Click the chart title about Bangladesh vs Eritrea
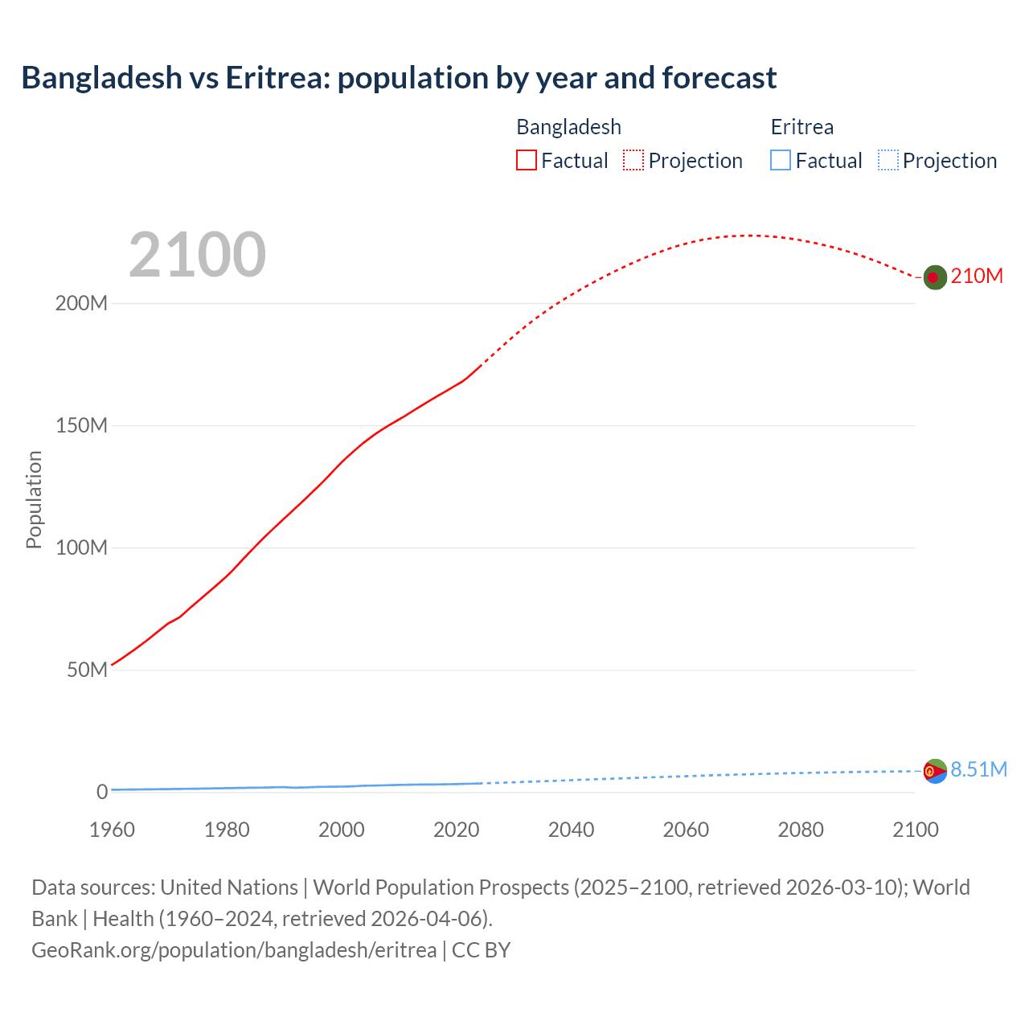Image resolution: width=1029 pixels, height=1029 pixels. [399, 78]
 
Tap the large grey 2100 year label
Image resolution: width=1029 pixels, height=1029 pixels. [197, 255]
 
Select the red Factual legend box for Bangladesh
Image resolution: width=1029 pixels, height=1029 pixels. [527, 161]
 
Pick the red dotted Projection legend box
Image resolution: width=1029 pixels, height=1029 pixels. [633, 161]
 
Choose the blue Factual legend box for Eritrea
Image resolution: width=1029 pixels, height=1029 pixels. [781, 161]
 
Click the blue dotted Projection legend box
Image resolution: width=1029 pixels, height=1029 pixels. [888, 161]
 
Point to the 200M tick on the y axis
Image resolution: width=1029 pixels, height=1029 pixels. [81, 304]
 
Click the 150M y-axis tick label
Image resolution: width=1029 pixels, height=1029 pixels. [81, 426]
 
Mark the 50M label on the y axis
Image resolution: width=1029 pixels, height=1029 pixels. [87, 670]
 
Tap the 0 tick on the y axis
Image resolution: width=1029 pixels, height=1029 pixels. [102, 792]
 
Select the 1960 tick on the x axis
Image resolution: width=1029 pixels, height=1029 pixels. [112, 830]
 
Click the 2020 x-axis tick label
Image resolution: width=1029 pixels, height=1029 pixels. [457, 830]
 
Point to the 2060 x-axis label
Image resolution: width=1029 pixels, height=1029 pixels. [686, 830]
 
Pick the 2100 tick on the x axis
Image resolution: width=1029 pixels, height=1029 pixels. [916, 830]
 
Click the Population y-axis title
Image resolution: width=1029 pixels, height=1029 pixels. [34, 499]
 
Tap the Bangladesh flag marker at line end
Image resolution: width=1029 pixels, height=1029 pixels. [934, 277]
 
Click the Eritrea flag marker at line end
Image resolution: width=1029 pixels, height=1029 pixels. [934, 771]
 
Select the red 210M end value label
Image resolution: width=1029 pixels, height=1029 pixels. [977, 277]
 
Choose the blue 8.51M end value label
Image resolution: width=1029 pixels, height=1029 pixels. [978, 770]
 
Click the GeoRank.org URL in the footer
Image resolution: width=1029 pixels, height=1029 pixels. [234, 950]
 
